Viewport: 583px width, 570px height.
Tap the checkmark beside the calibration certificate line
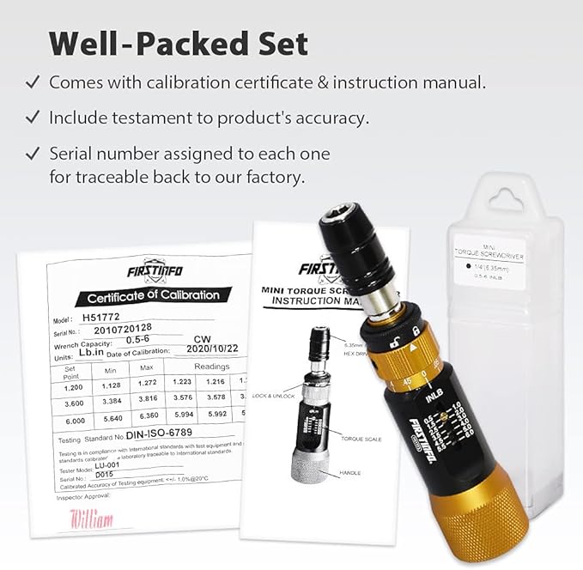pyautogui.click(x=32, y=83)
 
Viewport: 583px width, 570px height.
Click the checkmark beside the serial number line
pyautogui.click(x=32, y=154)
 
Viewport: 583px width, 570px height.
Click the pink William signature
pyautogui.click(x=91, y=518)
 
